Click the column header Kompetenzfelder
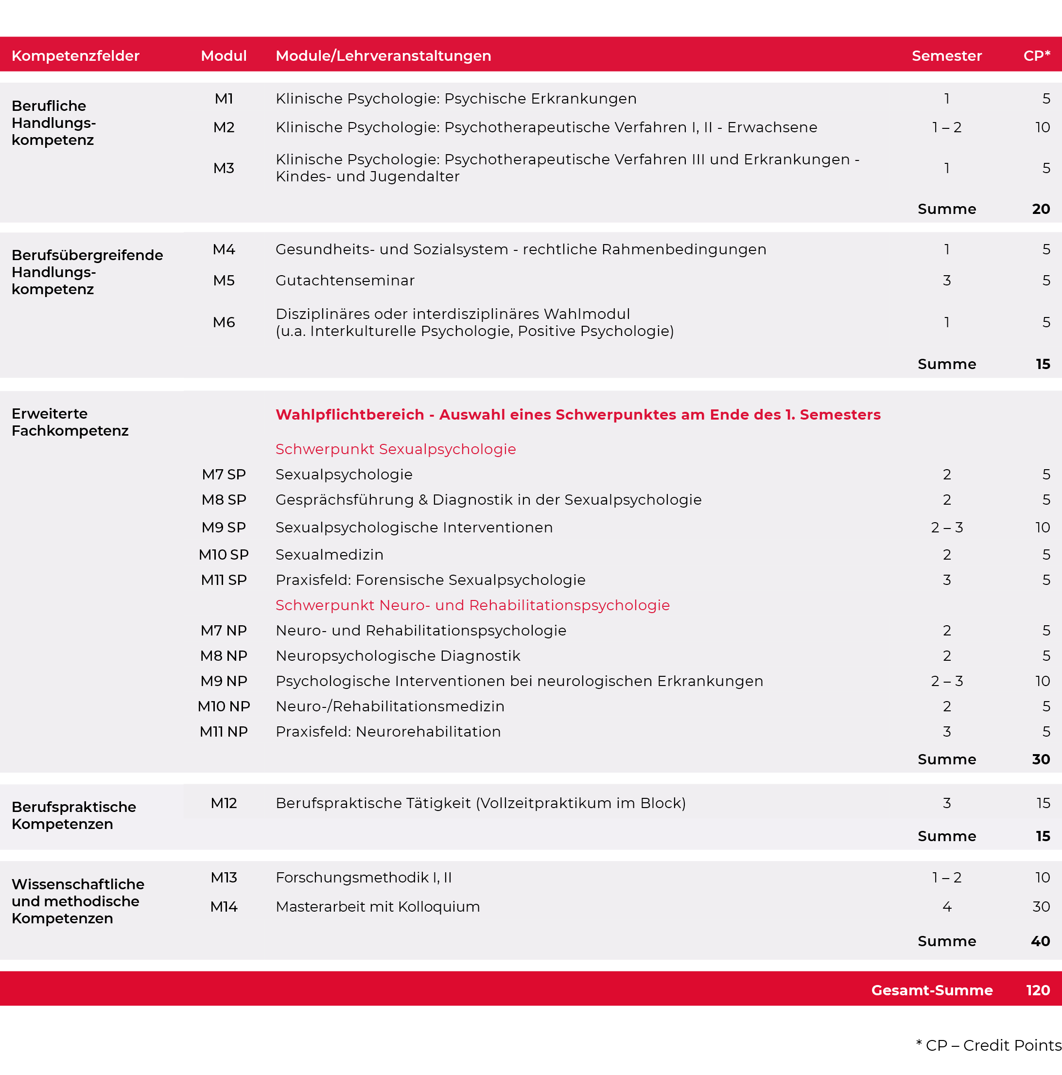point(76,55)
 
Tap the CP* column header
point(1036,55)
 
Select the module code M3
point(224,168)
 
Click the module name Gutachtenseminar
point(345,281)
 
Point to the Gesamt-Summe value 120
point(1038,990)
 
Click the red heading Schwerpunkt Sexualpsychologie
point(396,449)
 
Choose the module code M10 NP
point(224,706)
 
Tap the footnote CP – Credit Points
point(988,1045)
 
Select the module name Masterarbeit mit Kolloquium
point(378,907)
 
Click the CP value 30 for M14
point(1041,907)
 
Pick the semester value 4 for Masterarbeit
point(947,907)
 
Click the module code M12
point(224,803)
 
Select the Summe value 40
point(1040,941)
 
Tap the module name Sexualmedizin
point(330,555)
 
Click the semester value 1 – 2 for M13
point(947,878)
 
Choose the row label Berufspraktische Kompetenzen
point(74,815)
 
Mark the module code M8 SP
point(224,500)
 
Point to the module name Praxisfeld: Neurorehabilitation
point(388,732)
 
